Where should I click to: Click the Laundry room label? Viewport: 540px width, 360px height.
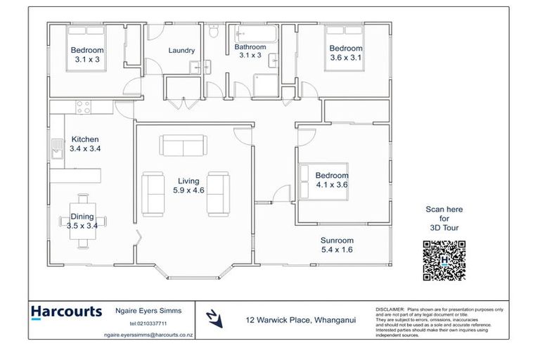pyautogui.click(x=181, y=51)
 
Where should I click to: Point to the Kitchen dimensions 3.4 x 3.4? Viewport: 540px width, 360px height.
pyautogui.click(x=84, y=149)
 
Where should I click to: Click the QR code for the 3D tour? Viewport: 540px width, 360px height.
pyautogui.click(x=444, y=260)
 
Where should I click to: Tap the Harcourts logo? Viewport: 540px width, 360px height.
pyautogui.click(x=67, y=311)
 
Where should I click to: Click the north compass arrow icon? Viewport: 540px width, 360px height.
pyautogui.click(x=214, y=319)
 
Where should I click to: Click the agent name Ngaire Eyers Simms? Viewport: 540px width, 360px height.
pyautogui.click(x=148, y=310)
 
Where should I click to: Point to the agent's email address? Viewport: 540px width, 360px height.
pyautogui.click(x=148, y=335)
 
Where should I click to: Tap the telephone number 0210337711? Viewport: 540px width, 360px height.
pyautogui.click(x=148, y=323)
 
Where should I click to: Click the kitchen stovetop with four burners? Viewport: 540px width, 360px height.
pyautogui.click(x=84, y=108)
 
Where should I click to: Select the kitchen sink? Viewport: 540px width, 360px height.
pyautogui.click(x=56, y=147)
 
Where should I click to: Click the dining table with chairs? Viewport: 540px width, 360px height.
pyautogui.click(x=84, y=221)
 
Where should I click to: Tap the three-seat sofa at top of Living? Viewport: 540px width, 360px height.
pyautogui.click(x=184, y=146)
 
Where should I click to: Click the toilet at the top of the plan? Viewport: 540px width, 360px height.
pyautogui.click(x=213, y=32)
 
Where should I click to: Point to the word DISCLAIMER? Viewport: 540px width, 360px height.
pyautogui.click(x=390, y=309)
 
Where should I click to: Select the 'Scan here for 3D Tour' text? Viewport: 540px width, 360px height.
pyautogui.click(x=444, y=218)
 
